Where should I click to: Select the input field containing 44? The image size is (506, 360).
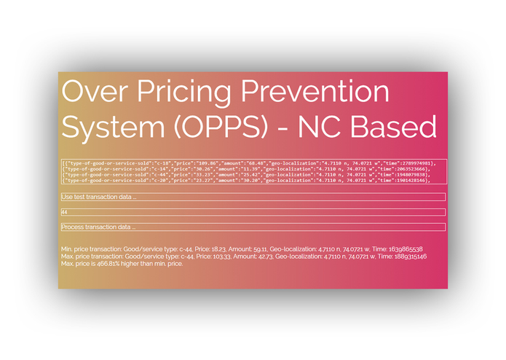252,212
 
